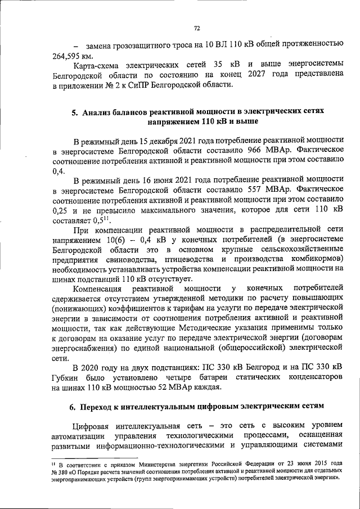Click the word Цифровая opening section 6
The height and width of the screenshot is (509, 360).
[x=93, y=425]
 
